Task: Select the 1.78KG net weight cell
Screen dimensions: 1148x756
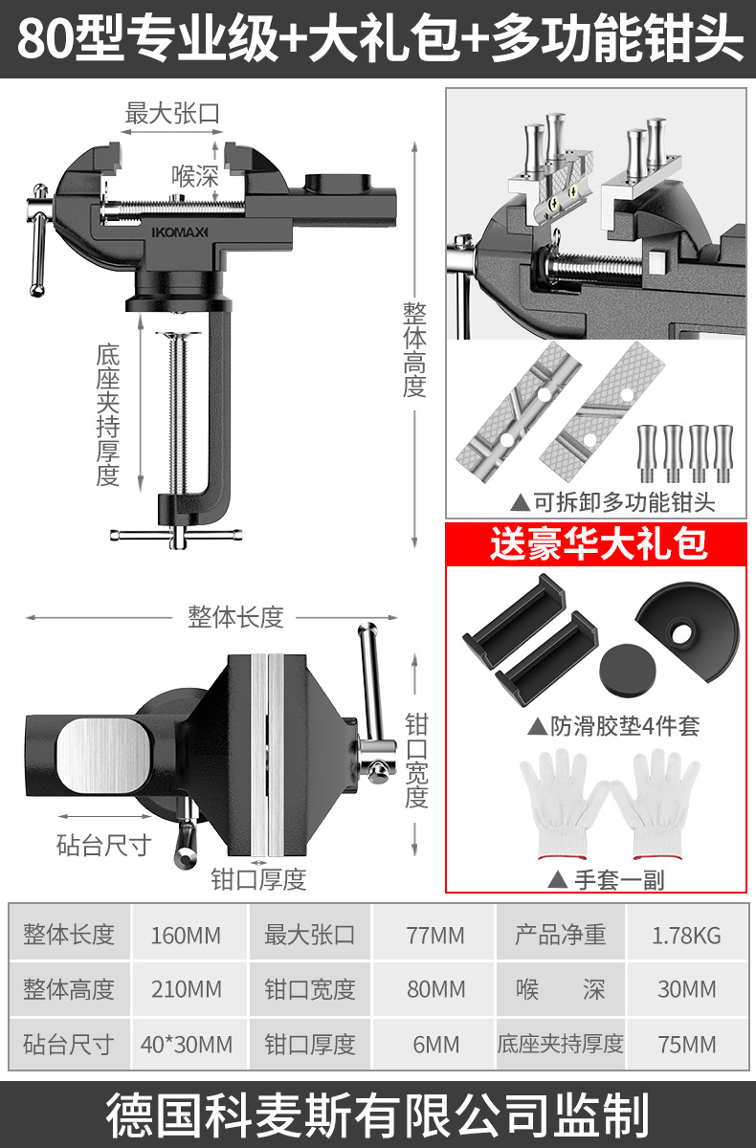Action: coord(686,934)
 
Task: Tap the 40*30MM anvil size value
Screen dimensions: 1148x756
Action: coord(186,1044)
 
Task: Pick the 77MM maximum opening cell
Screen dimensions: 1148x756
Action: coord(435,934)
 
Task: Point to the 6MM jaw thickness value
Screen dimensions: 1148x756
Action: coord(435,1044)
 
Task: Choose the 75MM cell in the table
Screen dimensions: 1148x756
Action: coord(686,1044)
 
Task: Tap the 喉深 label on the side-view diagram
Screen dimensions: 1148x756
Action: coord(195,176)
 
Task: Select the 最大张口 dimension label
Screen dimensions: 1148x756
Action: coord(172,113)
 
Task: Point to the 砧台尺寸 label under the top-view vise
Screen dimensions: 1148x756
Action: coord(103,845)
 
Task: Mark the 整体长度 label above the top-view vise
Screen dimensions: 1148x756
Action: coord(235,617)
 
